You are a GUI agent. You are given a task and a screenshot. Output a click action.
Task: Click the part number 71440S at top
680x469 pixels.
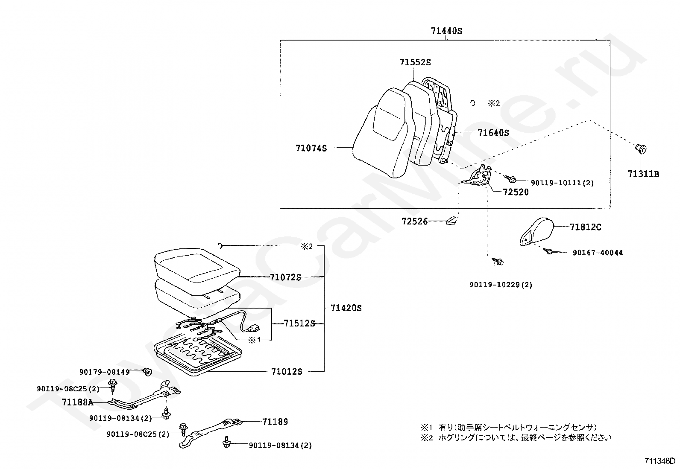point(446,31)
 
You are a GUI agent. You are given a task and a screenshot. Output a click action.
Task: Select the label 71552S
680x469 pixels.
point(415,62)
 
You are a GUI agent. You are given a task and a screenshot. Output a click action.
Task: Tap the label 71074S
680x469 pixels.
point(311,149)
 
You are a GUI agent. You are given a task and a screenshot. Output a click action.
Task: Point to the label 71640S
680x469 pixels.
point(493,133)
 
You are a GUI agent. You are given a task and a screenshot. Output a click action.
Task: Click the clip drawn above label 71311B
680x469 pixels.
point(641,149)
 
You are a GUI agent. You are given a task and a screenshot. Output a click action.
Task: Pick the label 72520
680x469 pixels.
point(516,192)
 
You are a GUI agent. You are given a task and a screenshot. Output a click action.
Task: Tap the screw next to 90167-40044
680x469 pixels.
point(550,252)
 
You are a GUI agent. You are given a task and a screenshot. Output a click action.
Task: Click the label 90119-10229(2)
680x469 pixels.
point(501,285)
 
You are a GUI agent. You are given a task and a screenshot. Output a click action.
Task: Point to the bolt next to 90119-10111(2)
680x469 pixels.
point(512,180)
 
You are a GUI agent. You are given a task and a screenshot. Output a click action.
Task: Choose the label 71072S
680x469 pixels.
point(285,277)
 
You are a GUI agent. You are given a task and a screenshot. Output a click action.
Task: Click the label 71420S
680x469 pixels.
point(346,308)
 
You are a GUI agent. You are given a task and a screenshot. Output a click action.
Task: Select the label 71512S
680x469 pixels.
point(299,323)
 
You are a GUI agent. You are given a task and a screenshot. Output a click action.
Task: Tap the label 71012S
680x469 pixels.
point(287,372)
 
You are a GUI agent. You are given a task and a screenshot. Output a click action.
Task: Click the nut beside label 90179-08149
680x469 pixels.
point(148,372)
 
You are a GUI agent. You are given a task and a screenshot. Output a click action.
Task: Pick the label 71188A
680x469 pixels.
point(77,402)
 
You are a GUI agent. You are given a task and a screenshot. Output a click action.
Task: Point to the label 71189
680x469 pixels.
point(275,422)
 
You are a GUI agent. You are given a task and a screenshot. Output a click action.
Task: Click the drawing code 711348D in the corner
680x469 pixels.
point(659,461)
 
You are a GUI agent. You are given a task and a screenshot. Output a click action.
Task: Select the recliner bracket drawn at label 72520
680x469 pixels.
point(480,176)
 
